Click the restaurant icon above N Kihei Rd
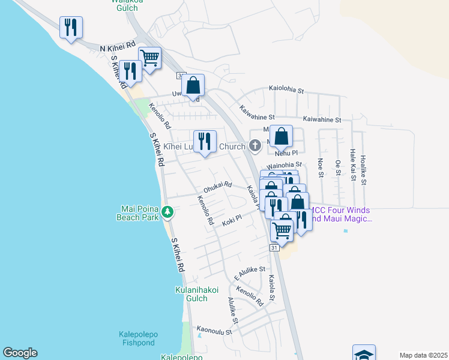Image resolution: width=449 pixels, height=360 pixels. pyautogui.click(x=71, y=27)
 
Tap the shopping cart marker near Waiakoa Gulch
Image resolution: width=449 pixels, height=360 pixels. pyautogui.click(x=149, y=58)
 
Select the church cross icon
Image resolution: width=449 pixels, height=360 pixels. pyautogui.click(x=255, y=145)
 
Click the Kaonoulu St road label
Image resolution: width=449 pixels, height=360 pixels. pyautogui.click(x=217, y=329)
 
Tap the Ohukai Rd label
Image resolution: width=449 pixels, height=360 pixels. pyautogui.click(x=217, y=187)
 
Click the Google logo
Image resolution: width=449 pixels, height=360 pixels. pyautogui.click(x=20, y=353)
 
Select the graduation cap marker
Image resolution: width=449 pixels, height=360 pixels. pyautogui.click(x=364, y=354)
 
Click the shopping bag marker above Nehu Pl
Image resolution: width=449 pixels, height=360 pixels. pyautogui.click(x=281, y=136)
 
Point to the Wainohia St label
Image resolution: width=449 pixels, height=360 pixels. pyautogui.click(x=284, y=165)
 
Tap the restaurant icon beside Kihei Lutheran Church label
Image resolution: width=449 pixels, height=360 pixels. pyautogui.click(x=205, y=142)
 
